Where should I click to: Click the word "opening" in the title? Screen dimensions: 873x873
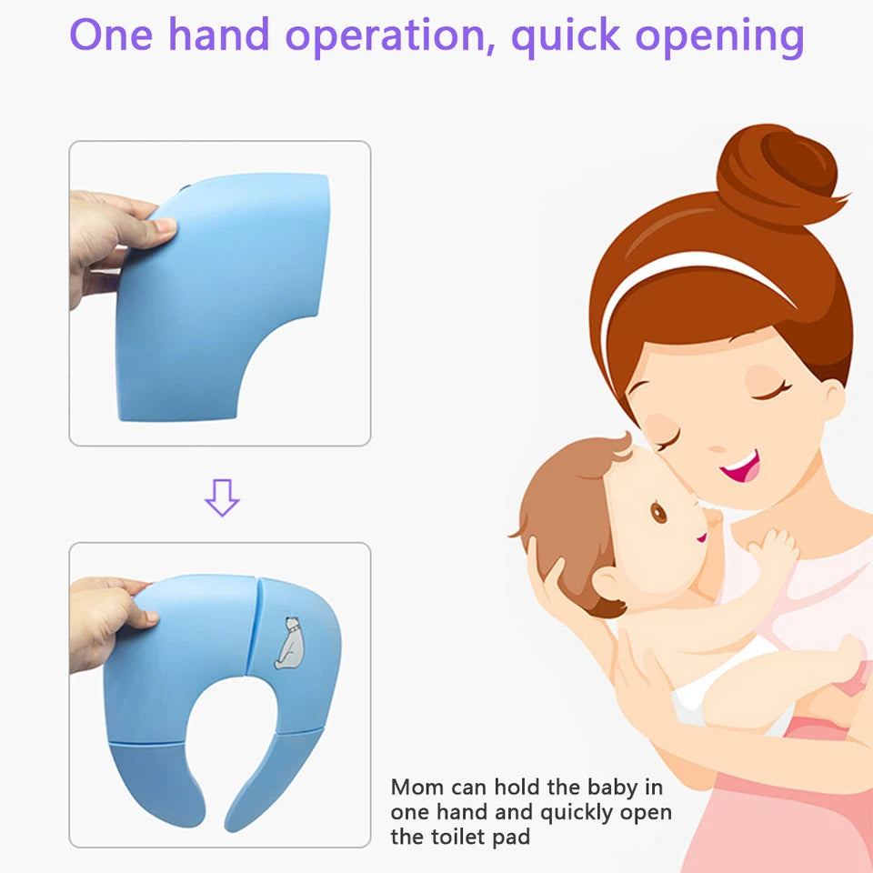[719, 36]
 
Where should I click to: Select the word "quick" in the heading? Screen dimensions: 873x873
[565, 36]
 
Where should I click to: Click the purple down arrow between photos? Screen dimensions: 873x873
[221, 497]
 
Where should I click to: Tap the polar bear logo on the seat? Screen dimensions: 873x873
[291, 642]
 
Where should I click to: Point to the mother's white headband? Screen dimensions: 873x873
[691, 273]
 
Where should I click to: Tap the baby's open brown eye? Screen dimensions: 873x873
[658, 512]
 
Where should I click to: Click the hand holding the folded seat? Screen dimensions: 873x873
[114, 236]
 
